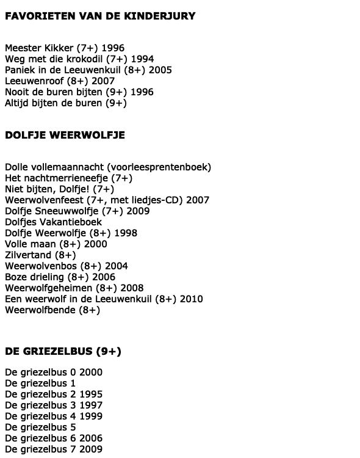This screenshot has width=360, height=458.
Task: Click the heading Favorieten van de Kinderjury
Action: click(100, 16)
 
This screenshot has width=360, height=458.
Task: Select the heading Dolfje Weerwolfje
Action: click(65, 135)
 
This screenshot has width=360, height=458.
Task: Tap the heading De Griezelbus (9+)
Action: click(63, 351)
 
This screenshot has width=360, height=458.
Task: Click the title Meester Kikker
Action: click(39, 48)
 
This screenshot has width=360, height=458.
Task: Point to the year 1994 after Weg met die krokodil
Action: click(142, 59)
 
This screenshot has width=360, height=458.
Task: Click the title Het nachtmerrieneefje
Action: click(51, 178)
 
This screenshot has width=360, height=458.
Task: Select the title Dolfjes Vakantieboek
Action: click(53, 222)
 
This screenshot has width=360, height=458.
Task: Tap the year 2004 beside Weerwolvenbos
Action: click(116, 266)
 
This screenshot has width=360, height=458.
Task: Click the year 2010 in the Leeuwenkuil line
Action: click(191, 299)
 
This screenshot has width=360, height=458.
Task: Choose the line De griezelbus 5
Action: click(40, 427)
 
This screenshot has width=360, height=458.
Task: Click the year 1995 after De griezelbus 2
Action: click(91, 394)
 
